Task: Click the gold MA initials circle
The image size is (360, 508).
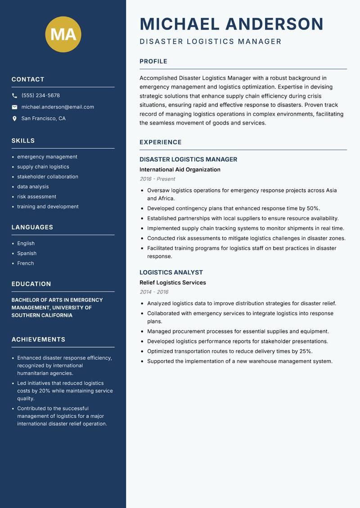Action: click(x=63, y=34)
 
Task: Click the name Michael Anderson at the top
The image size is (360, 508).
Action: click(x=231, y=24)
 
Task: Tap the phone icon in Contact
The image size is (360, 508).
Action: click(x=14, y=96)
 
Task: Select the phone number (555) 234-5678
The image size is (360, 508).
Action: click(x=40, y=96)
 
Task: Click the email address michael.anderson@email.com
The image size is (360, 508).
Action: click(x=58, y=107)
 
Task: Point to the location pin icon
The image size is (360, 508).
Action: click(x=14, y=119)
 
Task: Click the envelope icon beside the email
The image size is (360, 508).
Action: click(x=14, y=107)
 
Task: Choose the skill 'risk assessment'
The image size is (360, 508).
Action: click(x=36, y=196)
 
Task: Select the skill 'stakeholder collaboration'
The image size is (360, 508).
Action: click(x=48, y=177)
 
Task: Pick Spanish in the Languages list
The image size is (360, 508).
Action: click(x=27, y=253)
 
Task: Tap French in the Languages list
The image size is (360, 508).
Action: click(x=25, y=263)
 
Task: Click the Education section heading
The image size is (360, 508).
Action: click(x=31, y=284)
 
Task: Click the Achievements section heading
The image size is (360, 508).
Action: click(x=38, y=339)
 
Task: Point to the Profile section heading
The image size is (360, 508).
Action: click(x=153, y=61)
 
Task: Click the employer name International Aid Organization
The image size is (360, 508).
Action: click(x=180, y=169)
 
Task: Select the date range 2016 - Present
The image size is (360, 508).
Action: click(x=157, y=179)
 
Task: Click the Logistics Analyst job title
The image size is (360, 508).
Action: click(x=171, y=272)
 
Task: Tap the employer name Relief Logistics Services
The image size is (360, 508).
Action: click(x=172, y=282)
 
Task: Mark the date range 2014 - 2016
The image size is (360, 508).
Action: click(x=154, y=292)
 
